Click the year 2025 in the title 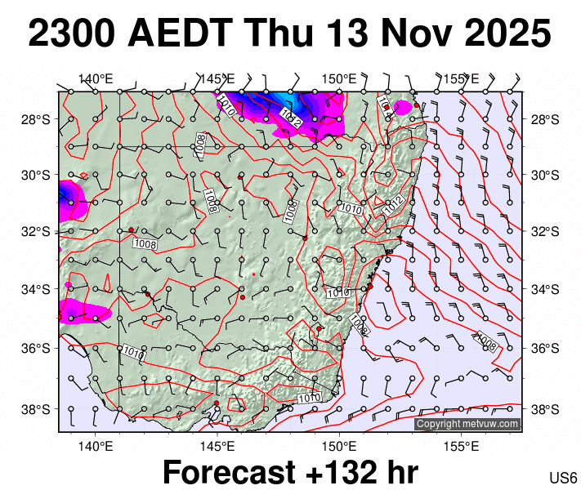pyautogui.click(x=504, y=34)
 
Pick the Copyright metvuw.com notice pyautogui.click(x=467, y=424)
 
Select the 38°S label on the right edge pyautogui.click(x=544, y=408)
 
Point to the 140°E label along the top pyautogui.click(x=96, y=79)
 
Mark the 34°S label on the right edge pyautogui.click(x=544, y=289)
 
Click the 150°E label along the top pyautogui.click(x=338, y=79)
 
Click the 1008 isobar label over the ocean pyautogui.click(x=486, y=342)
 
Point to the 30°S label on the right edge pyautogui.click(x=544, y=176)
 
